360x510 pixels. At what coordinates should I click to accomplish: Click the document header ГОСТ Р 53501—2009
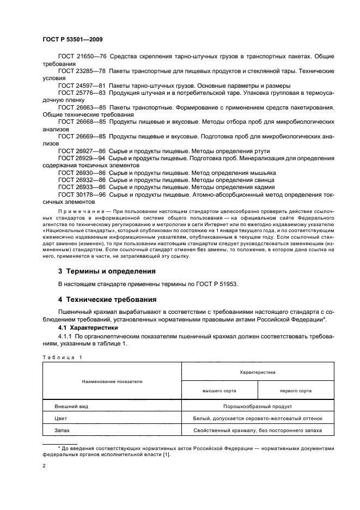72,39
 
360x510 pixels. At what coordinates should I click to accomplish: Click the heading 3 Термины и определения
107,271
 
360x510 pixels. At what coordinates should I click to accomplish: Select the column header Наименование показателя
112,381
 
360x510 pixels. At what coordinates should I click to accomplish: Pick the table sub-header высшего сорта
219,391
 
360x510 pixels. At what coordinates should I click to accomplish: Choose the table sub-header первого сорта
296,391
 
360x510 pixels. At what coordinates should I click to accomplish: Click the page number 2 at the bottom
44,466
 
